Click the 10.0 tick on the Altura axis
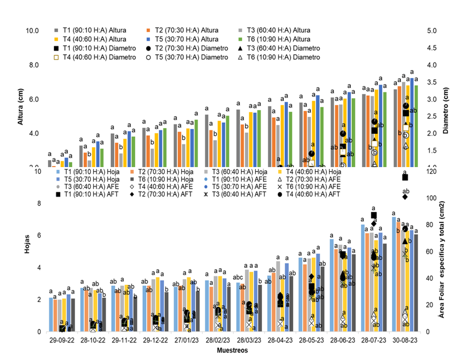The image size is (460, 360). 33,31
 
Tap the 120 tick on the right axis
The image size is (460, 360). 432,171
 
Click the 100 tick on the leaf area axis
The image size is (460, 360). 432,198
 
